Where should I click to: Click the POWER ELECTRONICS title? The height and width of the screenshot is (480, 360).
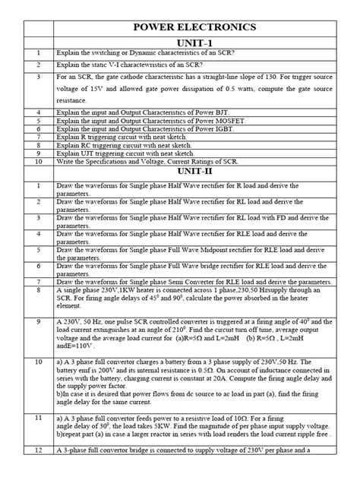[194, 28]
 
